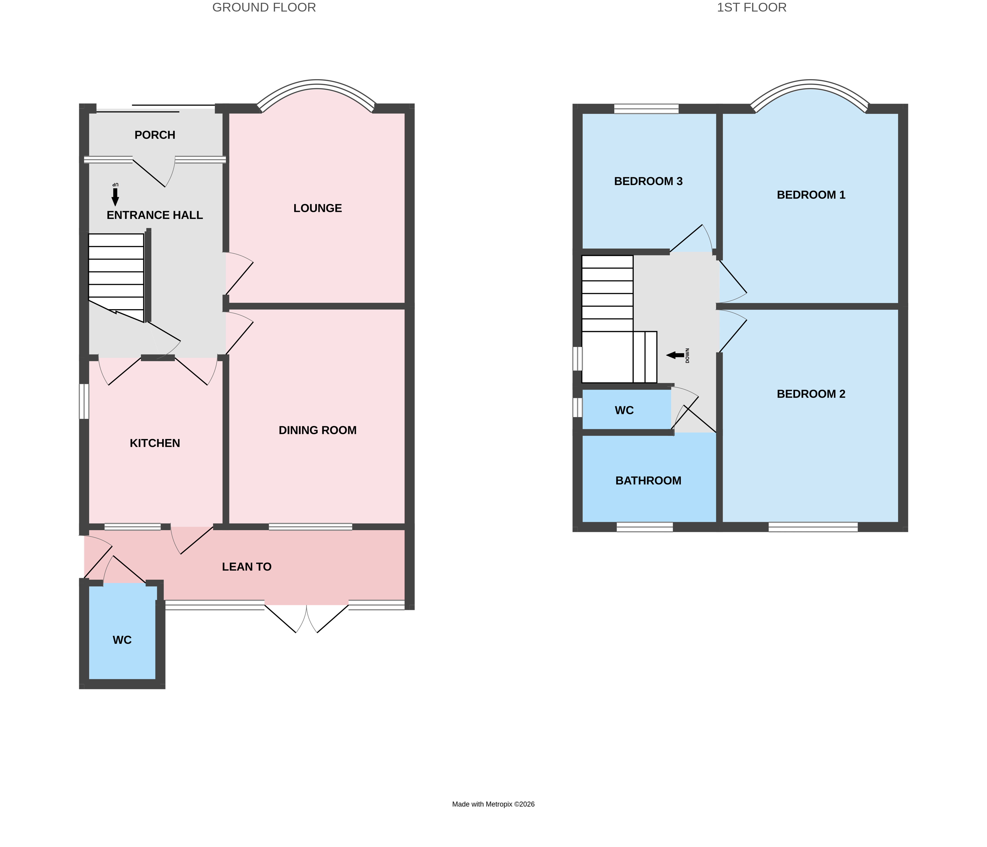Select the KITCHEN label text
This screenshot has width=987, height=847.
pyautogui.click(x=155, y=443)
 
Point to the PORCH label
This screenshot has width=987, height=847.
pyautogui.click(x=155, y=135)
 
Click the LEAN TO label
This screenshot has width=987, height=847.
pyautogui.click(x=246, y=567)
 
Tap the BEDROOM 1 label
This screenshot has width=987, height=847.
pyautogui.click(x=811, y=195)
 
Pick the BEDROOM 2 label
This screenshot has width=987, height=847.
pyautogui.click(x=811, y=394)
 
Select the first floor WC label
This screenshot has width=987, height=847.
pyautogui.click(x=624, y=411)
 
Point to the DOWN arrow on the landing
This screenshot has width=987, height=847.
pyautogui.click(x=675, y=355)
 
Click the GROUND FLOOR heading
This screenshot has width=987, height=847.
pyautogui.click(x=264, y=8)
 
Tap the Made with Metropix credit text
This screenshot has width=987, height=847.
pyautogui.click(x=493, y=804)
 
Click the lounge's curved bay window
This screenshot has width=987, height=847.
pyautogui.click(x=317, y=85)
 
